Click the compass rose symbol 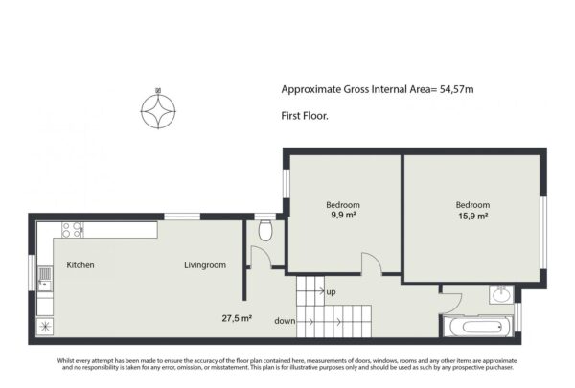pyautogui.click(x=158, y=111)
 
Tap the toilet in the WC pyautogui.click(x=265, y=230)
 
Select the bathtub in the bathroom pyautogui.click(x=477, y=327)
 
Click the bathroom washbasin pyautogui.click(x=501, y=295)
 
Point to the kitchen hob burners pyautogui.click(x=72, y=230)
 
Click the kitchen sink pyautogui.click(x=45, y=279)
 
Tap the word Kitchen pyautogui.click(x=80, y=264)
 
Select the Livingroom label pyautogui.click(x=205, y=265)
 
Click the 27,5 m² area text pyautogui.click(x=237, y=318)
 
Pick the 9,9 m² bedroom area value pyautogui.click(x=344, y=215)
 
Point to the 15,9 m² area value pyautogui.click(x=473, y=216)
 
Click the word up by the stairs pyautogui.click(x=331, y=292)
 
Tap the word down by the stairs pyautogui.click(x=285, y=321)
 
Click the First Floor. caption pyautogui.click(x=305, y=116)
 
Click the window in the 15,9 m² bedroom pyautogui.click(x=543, y=232)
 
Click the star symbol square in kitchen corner pyautogui.click(x=45, y=327)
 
